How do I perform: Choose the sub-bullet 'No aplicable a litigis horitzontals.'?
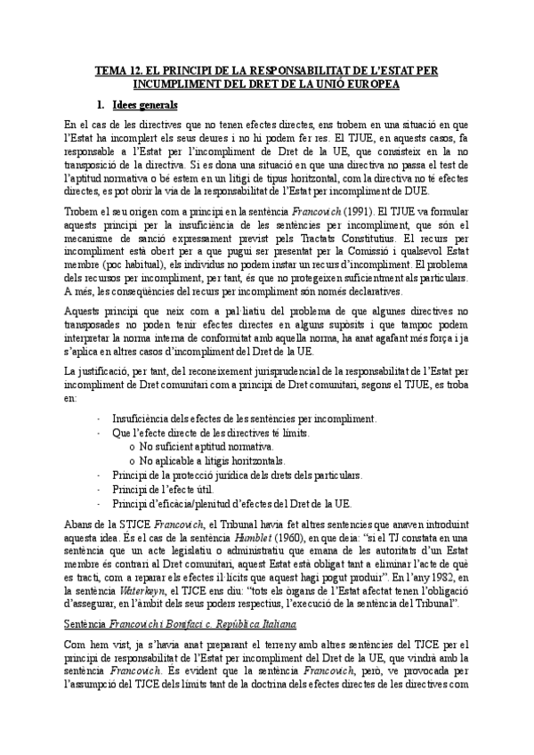(213, 460)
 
